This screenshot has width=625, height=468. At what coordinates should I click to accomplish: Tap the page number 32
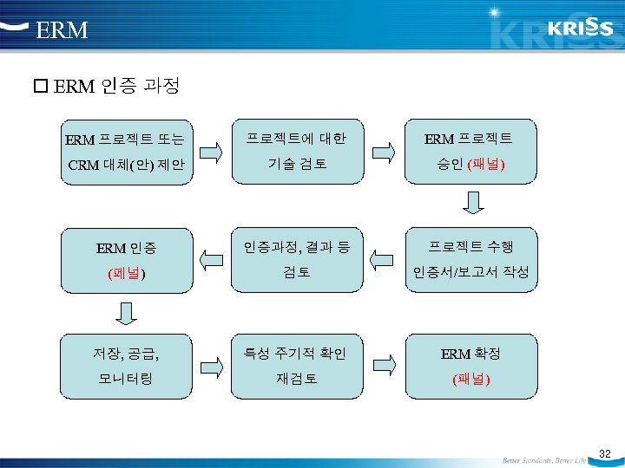tap(605, 454)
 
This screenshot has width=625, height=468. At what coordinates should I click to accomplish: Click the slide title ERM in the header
tap(62, 30)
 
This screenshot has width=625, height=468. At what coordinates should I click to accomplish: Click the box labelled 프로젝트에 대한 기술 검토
tap(296, 152)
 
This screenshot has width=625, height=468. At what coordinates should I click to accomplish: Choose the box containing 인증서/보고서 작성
tap(470, 258)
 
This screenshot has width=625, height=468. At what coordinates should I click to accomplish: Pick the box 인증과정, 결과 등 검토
tap(296, 258)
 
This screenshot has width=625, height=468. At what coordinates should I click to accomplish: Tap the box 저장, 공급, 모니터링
tap(126, 366)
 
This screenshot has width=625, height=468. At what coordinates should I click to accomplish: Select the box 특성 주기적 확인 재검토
tap(296, 366)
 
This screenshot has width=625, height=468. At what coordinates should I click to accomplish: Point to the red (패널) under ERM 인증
tap(126, 273)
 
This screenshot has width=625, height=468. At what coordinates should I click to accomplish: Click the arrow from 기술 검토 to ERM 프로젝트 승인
tap(382, 152)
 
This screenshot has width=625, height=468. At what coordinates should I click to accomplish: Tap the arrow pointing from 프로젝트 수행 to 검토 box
tap(382, 257)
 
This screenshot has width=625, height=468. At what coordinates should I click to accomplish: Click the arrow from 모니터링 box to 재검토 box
tap(211, 365)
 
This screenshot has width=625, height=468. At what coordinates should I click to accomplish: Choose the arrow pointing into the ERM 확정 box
tap(382, 365)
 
